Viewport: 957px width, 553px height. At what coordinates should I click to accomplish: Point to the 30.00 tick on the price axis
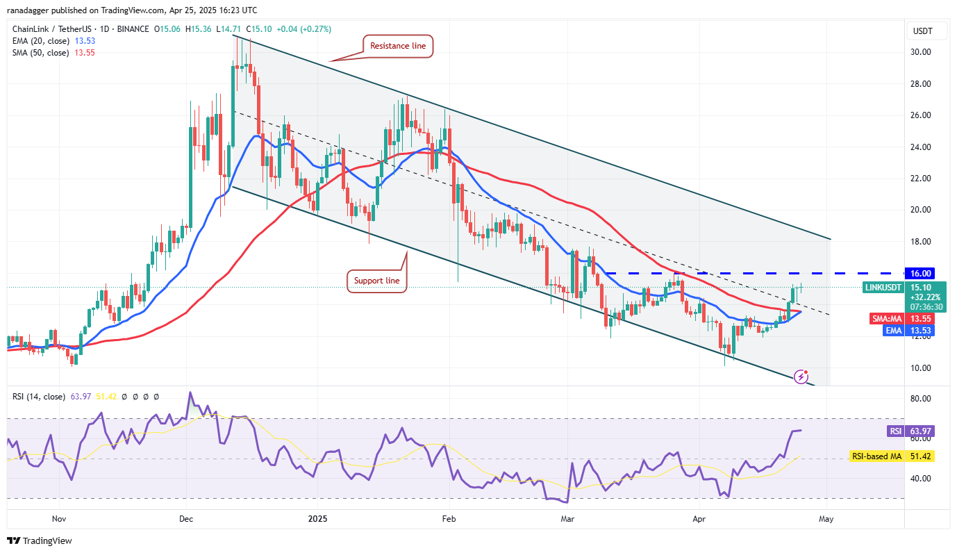click(x=920, y=52)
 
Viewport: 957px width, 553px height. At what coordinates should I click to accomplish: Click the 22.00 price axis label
click(x=920, y=179)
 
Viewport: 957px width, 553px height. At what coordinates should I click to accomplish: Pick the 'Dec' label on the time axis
click(x=185, y=518)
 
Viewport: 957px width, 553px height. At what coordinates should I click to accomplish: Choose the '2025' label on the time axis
click(x=317, y=518)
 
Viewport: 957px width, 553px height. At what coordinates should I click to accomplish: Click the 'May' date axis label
click(x=826, y=518)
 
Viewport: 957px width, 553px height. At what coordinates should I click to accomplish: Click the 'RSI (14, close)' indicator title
click(x=39, y=397)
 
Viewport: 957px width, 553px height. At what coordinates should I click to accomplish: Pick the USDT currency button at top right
click(x=922, y=31)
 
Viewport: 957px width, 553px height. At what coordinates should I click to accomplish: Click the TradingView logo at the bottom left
click(x=40, y=540)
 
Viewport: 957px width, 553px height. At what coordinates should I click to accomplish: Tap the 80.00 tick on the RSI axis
click(x=920, y=399)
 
